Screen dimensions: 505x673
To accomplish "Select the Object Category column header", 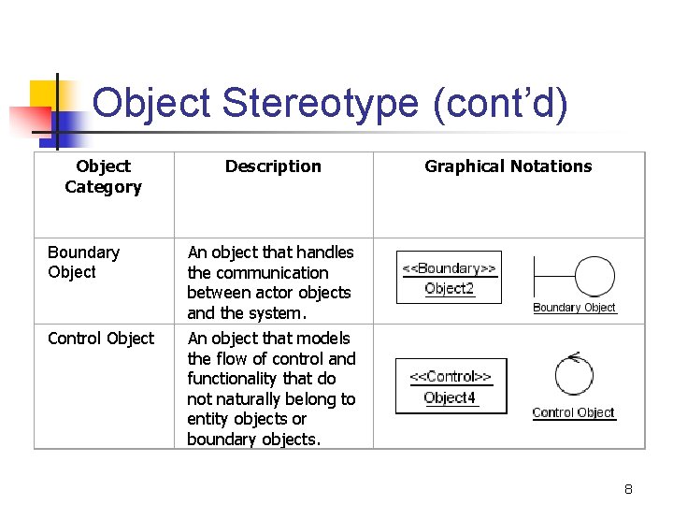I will coord(103,177).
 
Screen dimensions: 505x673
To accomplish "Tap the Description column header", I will coord(273,166).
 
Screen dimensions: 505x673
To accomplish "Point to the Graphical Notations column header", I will coord(508,166).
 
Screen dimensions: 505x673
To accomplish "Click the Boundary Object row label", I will coord(83,262).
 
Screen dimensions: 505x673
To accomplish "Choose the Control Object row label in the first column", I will coord(101,339).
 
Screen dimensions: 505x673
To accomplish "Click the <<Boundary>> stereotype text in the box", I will coord(449,268).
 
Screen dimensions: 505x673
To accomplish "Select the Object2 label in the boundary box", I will coord(449,289).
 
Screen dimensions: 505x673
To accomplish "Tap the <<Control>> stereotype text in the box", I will coord(451,377).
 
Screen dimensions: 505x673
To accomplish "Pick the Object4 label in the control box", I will coord(450,397).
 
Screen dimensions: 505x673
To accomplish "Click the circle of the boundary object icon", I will coord(594,277).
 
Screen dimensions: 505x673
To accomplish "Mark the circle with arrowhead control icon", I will coord(574,375).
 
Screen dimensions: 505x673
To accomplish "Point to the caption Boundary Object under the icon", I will coord(574,308).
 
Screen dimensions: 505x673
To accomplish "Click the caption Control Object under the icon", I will coord(573,412).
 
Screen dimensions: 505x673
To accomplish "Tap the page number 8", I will coord(629,489).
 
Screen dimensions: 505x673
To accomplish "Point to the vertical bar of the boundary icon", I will coord(534,278).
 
